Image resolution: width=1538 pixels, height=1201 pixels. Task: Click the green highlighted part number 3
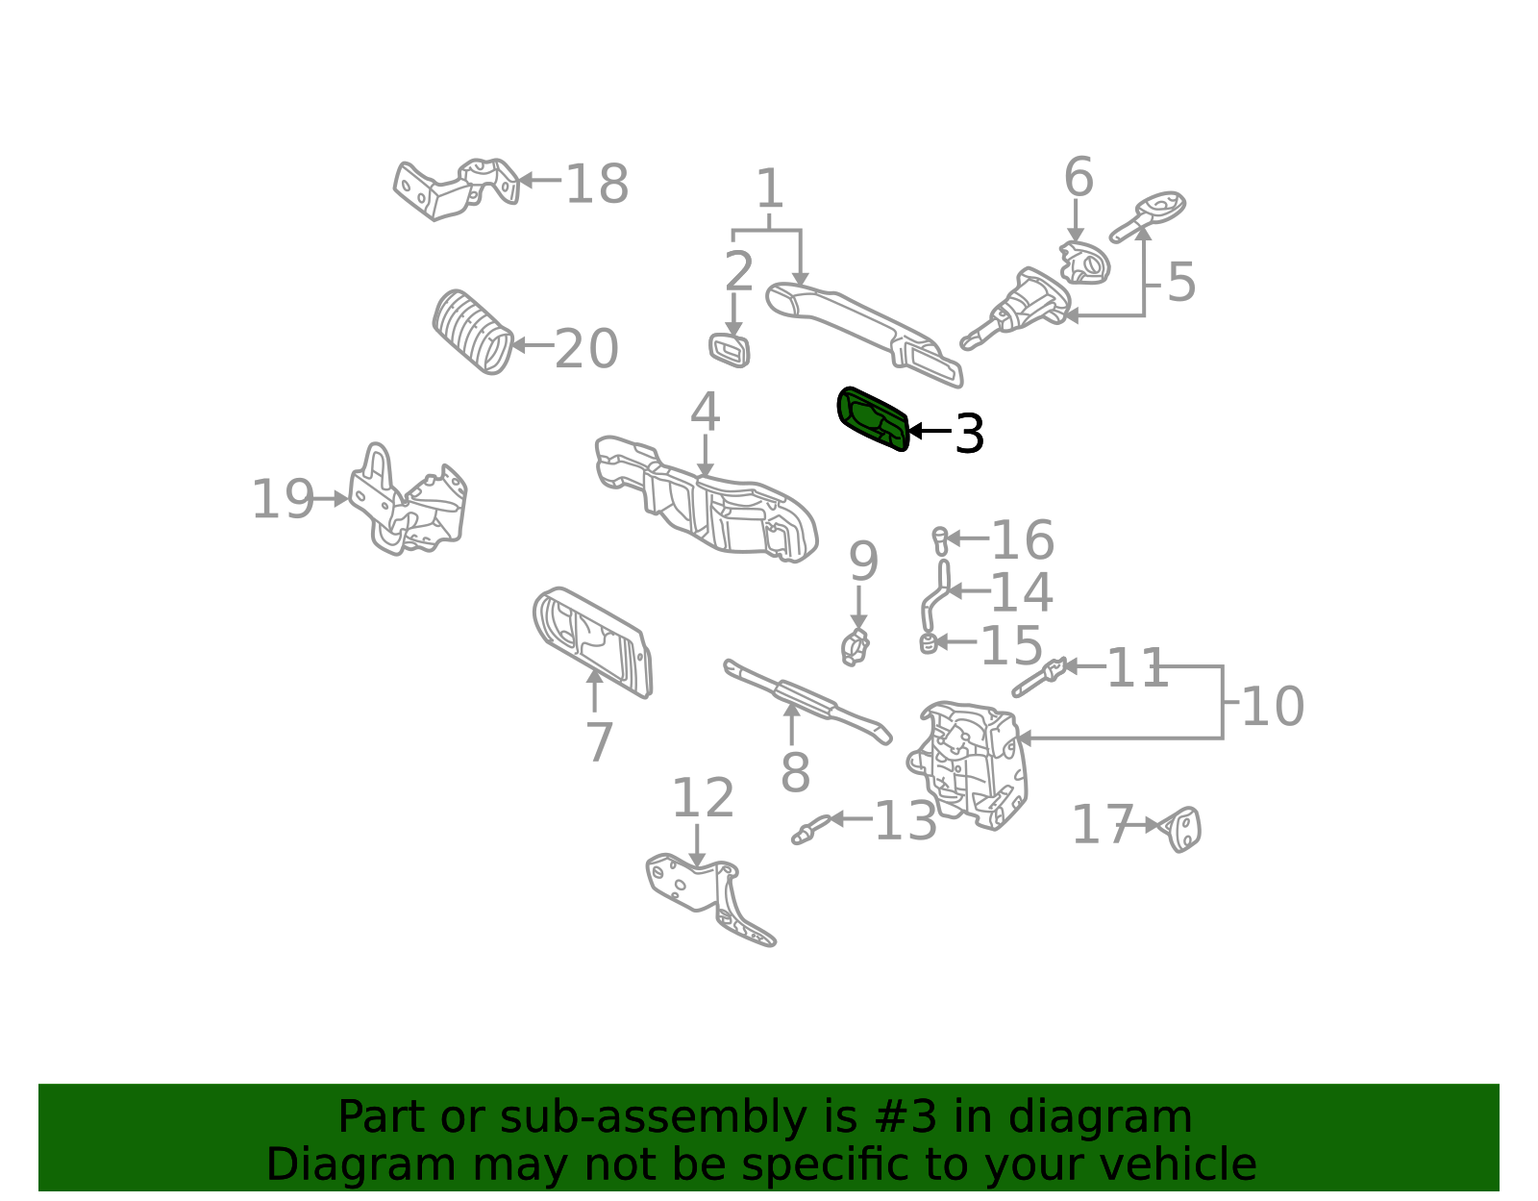point(872,419)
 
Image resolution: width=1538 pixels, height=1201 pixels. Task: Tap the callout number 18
point(597,184)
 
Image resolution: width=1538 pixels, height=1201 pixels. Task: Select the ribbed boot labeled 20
point(473,331)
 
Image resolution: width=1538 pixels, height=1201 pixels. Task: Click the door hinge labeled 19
point(409,499)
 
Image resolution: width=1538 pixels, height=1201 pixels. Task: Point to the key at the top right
point(1148,214)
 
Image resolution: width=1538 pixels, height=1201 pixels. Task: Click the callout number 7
point(600,741)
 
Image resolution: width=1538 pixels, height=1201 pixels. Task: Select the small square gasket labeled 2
point(729,350)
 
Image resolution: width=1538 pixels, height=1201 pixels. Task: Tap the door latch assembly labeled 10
point(967,765)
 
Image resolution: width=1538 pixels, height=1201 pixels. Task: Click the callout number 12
point(703,797)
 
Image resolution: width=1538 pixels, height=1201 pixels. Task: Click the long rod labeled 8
point(806,701)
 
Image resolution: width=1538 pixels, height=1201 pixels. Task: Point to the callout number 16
point(1023,540)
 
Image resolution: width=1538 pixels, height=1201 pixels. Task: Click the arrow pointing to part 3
point(930,430)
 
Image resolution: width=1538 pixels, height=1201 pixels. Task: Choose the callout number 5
point(1180,282)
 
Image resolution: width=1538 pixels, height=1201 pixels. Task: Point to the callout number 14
point(1021,591)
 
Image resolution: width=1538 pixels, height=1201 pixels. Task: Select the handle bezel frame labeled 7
point(593,642)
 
